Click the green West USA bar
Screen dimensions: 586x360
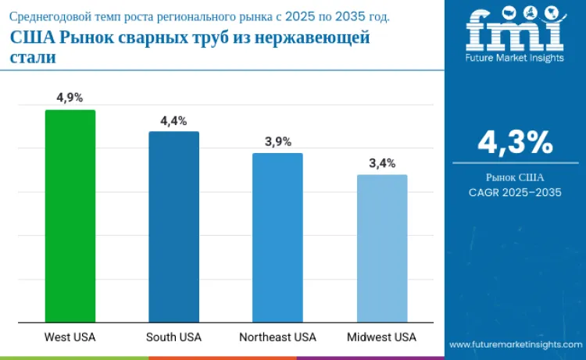tap(70, 216)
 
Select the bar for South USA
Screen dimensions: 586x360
tap(173, 226)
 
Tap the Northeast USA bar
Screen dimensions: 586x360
tap(277, 237)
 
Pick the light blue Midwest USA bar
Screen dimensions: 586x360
tap(382, 248)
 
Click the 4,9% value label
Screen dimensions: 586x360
tap(70, 98)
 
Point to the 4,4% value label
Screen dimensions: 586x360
tap(173, 121)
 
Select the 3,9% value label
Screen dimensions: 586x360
tap(278, 142)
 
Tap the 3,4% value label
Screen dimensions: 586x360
tap(382, 163)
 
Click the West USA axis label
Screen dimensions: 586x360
tap(70, 337)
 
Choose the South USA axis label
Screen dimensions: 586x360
tap(173, 337)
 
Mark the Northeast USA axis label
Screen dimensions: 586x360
tap(277, 337)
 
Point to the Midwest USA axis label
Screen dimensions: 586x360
tap(381, 337)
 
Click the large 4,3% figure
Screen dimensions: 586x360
tap(516, 142)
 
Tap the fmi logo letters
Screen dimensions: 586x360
tap(515, 30)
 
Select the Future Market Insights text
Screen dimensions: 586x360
tap(515, 58)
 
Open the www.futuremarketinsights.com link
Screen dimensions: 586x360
tap(516, 344)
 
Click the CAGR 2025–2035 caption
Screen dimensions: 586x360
tap(516, 192)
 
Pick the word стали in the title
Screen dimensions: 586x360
tap(33, 58)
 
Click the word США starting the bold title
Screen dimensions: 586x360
tap(33, 37)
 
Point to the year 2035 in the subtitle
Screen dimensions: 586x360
tap(350, 16)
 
